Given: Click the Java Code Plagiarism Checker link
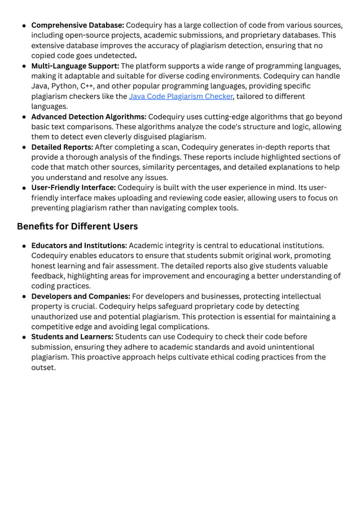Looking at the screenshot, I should pyautogui.click(x=181, y=96).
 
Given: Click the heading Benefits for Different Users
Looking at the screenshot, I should pyautogui.click(x=77, y=226).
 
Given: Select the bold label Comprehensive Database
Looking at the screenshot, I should pyautogui.click(x=77, y=25).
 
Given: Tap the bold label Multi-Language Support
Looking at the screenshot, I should pyautogui.click(x=75, y=66).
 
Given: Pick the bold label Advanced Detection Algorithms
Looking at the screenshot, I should pyautogui.click(x=89, y=117).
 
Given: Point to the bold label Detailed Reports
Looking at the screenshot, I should pyautogui.click(x=62, y=147).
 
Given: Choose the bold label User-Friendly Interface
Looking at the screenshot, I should pyautogui.click(x=73, y=188).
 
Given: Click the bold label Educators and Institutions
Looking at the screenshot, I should pyautogui.click(x=80, y=245).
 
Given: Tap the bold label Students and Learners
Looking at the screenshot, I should pyautogui.click(x=72, y=337).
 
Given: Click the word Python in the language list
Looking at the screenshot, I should pyautogui.click(x=64, y=86).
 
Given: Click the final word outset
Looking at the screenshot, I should pyautogui.click(x=43, y=367).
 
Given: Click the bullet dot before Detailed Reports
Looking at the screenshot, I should pyautogui.click(x=24, y=148).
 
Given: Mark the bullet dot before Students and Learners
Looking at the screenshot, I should pyautogui.click(x=24, y=337).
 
